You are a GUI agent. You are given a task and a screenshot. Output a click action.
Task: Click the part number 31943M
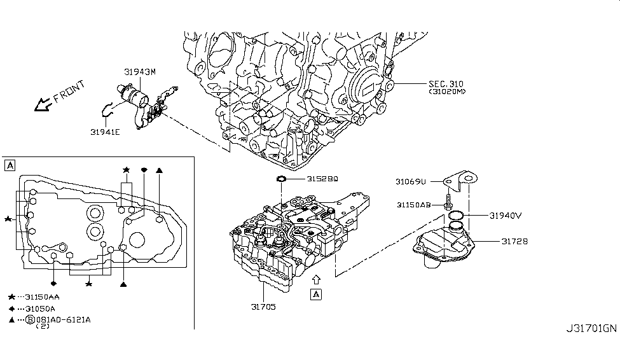click(139, 72)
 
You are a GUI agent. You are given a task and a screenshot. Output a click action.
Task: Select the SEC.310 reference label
click(447, 84)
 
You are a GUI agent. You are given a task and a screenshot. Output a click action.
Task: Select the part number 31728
click(514, 242)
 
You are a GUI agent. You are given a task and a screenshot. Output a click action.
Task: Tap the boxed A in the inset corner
click(10, 165)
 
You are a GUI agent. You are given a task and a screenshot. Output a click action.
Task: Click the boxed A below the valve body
click(315, 294)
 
